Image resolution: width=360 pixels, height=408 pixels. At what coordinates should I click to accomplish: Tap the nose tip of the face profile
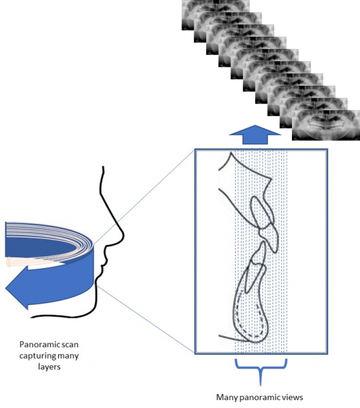tap(122, 232)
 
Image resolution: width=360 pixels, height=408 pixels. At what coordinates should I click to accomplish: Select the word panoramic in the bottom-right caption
tap(264, 396)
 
